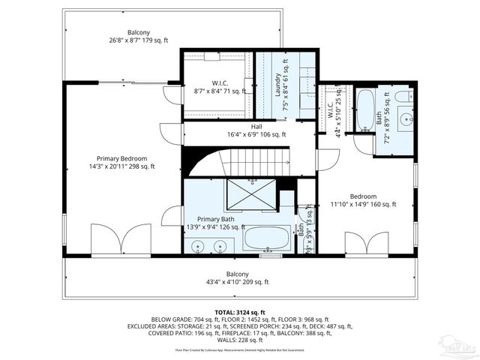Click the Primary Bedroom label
[x=121, y=158]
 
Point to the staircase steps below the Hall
[x=259, y=160]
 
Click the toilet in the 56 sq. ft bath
[x=402, y=96]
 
